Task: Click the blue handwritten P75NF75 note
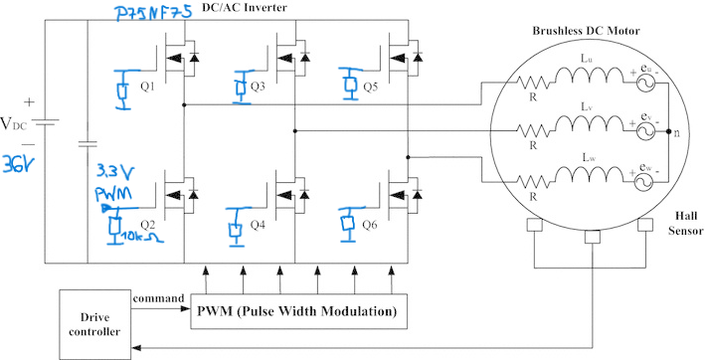click(x=153, y=13)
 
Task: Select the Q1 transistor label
click(x=147, y=87)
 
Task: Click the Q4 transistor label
click(x=258, y=225)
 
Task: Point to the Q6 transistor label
click(x=370, y=225)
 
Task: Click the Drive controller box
click(x=94, y=324)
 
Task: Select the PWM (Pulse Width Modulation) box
click(x=298, y=311)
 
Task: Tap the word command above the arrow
click(x=159, y=298)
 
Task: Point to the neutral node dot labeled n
click(x=668, y=131)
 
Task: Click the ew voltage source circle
click(x=644, y=181)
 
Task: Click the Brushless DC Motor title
click(x=587, y=31)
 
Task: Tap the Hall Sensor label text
click(x=686, y=224)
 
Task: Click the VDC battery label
click(x=14, y=123)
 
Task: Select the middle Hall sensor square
click(x=592, y=237)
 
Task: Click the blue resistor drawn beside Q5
click(x=349, y=84)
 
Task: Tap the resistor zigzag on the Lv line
click(x=533, y=131)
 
